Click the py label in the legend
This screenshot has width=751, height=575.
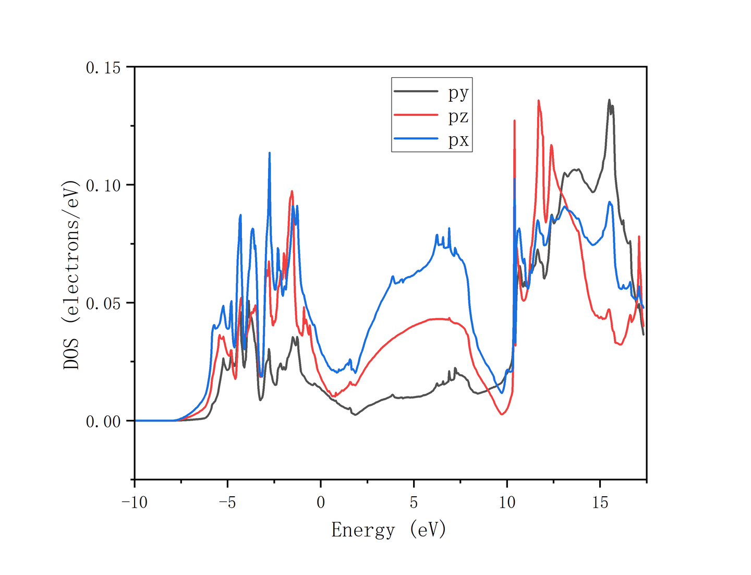point(458,93)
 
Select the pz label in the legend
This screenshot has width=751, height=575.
point(458,116)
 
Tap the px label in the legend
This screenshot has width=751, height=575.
point(458,140)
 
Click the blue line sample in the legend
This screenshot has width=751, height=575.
point(416,138)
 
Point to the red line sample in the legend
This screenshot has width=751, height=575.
point(416,115)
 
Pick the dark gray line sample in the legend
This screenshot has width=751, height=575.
point(416,91)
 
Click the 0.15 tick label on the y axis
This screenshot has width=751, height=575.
point(103,67)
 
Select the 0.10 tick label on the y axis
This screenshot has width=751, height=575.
point(103,185)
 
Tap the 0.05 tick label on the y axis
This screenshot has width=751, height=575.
point(103,303)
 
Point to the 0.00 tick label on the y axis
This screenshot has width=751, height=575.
point(103,421)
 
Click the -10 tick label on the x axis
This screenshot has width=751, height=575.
point(135,502)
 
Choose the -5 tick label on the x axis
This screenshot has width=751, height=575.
point(227,502)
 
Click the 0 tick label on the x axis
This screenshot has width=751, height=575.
point(321,502)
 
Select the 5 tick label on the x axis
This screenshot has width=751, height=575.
point(414,502)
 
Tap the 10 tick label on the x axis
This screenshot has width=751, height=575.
point(507,502)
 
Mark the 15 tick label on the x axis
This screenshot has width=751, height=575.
point(600,502)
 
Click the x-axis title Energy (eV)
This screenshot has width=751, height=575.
point(389,530)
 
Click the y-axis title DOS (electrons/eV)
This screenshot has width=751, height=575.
point(71,274)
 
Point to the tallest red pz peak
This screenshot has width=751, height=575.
point(538,101)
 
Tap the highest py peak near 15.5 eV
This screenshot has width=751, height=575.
point(609,100)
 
